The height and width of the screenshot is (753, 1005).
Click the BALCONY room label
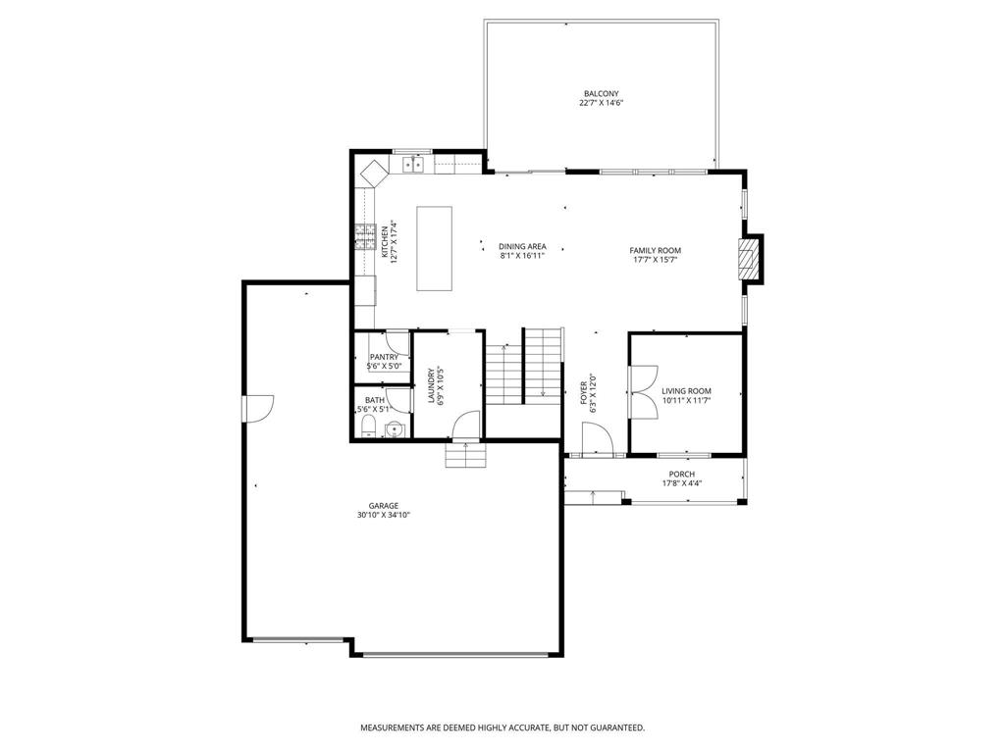pyautogui.click(x=602, y=93)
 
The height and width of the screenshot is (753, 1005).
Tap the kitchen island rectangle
pyautogui.click(x=435, y=248)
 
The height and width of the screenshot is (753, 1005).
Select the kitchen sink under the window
pyautogui.click(x=413, y=165)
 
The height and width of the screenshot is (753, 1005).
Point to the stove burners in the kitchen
pyautogui.click(x=365, y=237)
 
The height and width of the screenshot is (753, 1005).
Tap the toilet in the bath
pyautogui.click(x=368, y=426)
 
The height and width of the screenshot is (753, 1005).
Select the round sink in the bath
pyautogui.click(x=394, y=429)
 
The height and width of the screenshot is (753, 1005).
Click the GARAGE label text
pyautogui.click(x=384, y=506)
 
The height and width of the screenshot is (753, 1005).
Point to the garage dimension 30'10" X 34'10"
pyautogui.click(x=384, y=515)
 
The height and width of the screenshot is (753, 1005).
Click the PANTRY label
pyautogui.click(x=384, y=357)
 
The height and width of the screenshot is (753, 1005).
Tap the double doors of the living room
pyautogui.click(x=644, y=392)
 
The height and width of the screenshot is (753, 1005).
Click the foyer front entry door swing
pyautogui.click(x=598, y=440)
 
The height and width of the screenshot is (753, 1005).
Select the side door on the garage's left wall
pyautogui.click(x=258, y=409)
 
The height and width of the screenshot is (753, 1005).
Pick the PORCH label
pyautogui.click(x=682, y=475)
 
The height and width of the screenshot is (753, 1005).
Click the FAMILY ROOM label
pyautogui.click(x=655, y=251)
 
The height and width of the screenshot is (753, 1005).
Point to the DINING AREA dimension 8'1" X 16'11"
pyautogui.click(x=522, y=256)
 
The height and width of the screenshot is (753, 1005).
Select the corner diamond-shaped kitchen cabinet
pyautogui.click(x=374, y=173)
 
